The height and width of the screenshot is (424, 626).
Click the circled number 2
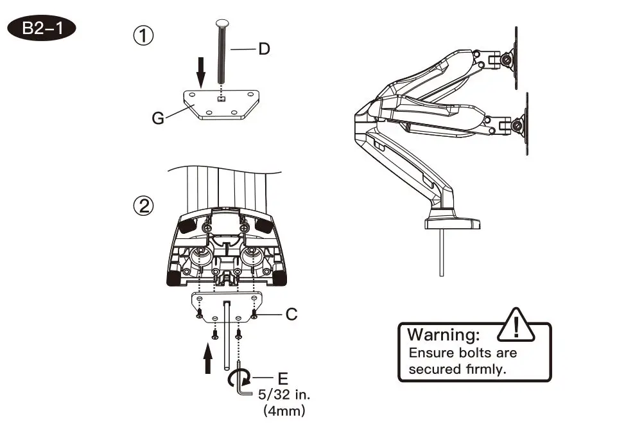point(143,206)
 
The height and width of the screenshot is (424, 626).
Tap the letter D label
point(264,49)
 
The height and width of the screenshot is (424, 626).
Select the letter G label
point(157,118)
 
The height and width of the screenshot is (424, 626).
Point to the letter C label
point(291,314)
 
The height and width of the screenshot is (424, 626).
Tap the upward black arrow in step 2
point(208,358)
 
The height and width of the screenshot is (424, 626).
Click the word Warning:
point(444,335)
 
